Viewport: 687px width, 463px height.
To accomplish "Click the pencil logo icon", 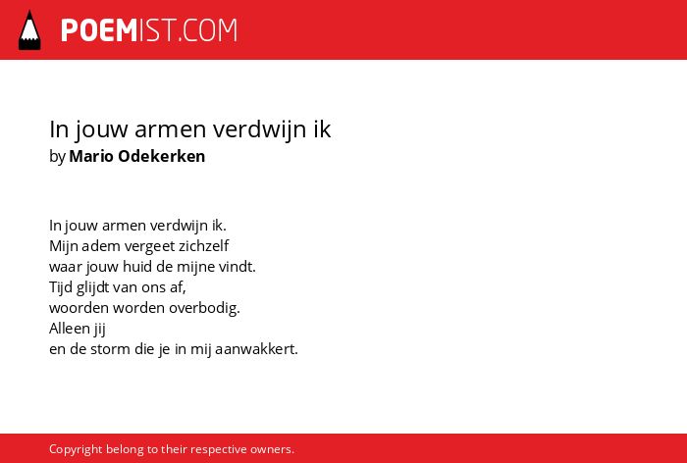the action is pos(29,30).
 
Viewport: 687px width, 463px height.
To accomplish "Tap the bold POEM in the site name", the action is pos(99,30).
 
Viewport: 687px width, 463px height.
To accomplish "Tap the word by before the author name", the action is pos(57,157).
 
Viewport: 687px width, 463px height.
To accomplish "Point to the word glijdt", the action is pos(92,287).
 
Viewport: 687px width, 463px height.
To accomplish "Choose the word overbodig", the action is pos(204,308).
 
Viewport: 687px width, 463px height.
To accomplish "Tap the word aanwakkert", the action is pos(256,349).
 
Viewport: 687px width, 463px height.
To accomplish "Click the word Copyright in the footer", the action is pos(76,449).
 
